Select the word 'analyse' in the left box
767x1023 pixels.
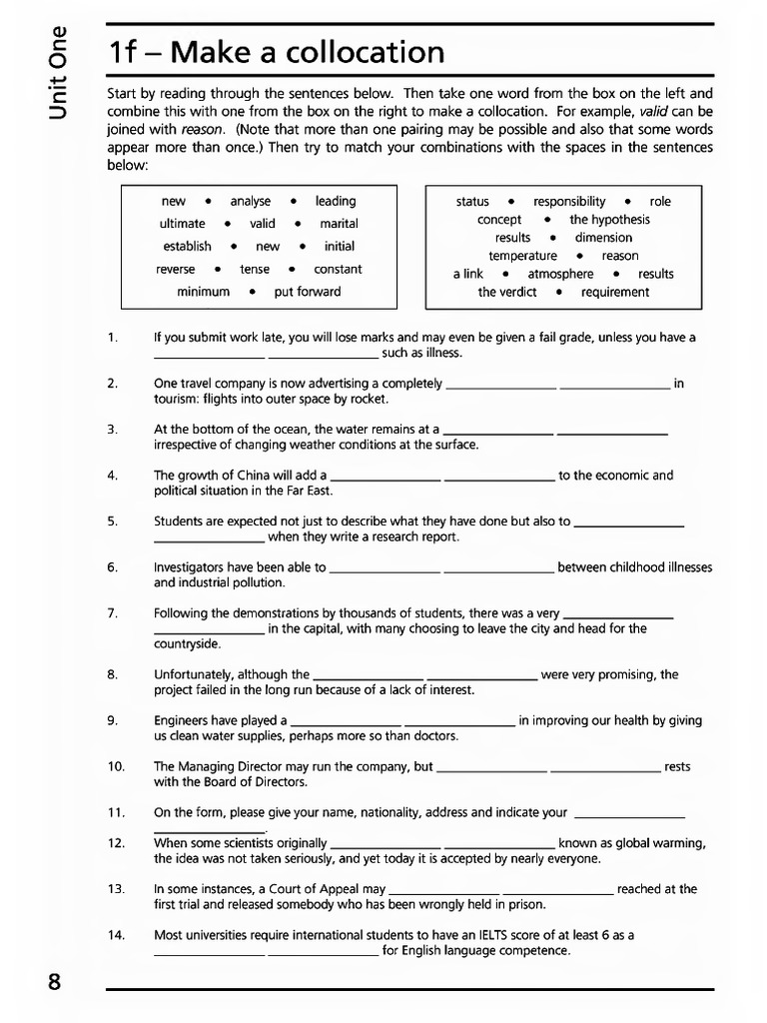point(250,201)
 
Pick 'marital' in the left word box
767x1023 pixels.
point(339,224)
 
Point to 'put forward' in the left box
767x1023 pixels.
point(307,292)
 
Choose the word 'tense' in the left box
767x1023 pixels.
point(255,269)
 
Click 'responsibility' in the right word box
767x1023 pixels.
point(569,201)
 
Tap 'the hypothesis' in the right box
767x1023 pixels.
point(609,219)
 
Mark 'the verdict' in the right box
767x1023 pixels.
point(506,292)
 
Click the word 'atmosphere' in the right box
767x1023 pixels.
point(560,274)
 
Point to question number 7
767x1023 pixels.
point(112,613)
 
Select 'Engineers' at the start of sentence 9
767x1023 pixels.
point(180,720)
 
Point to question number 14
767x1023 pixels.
point(115,935)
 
